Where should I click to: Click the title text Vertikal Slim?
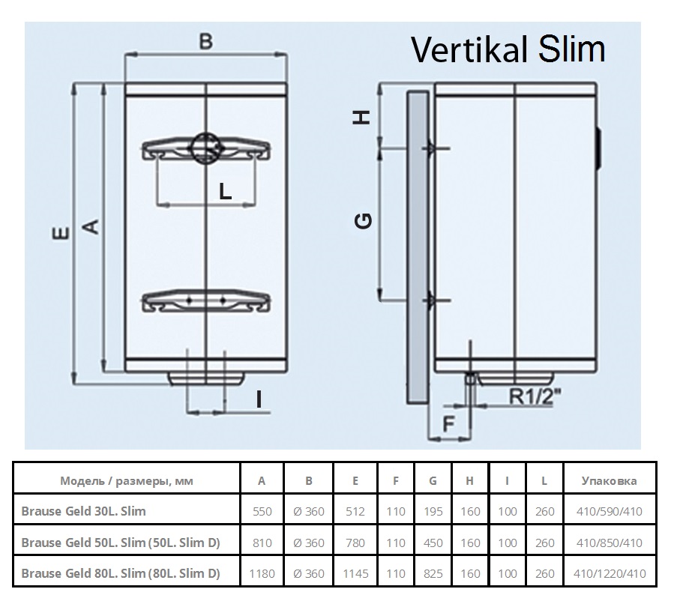[x=508, y=50]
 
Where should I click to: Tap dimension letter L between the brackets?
[x=224, y=191]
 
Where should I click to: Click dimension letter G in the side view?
[x=364, y=220]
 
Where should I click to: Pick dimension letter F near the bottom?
[x=448, y=423]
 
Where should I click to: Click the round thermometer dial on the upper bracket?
[x=205, y=148]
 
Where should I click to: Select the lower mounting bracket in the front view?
[x=205, y=300]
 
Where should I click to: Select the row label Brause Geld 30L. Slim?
[x=83, y=512]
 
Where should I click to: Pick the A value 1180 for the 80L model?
[x=261, y=574]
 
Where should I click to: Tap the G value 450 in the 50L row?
[x=433, y=543]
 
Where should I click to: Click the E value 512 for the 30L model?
[x=355, y=512]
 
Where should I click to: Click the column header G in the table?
[x=433, y=481]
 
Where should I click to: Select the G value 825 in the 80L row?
[x=433, y=574]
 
